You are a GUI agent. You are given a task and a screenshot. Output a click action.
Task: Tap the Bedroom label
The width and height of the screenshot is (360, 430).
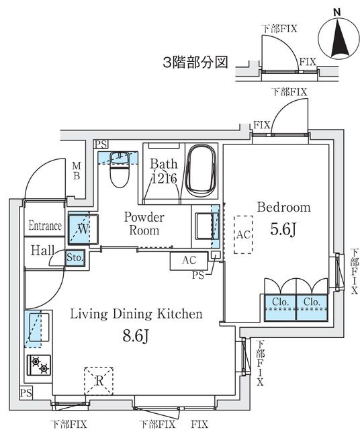click(x=283, y=207)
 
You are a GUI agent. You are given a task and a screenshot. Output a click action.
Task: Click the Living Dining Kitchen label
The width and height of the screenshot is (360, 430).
click(x=137, y=314)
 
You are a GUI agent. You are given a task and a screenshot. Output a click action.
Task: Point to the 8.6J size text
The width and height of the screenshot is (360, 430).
click(x=136, y=334)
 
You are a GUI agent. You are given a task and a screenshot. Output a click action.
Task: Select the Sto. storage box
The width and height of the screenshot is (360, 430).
click(x=75, y=257)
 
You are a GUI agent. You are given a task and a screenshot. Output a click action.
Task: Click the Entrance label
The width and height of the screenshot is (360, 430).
click(x=45, y=226)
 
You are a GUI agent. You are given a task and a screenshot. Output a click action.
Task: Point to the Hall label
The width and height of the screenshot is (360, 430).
click(x=42, y=250)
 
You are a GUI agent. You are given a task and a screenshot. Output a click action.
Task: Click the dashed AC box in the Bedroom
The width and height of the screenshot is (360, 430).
click(x=242, y=234)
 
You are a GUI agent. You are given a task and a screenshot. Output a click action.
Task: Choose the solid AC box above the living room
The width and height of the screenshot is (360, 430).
click(x=189, y=259)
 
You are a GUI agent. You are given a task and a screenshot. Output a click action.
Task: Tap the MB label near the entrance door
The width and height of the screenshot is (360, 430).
click(x=76, y=171)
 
